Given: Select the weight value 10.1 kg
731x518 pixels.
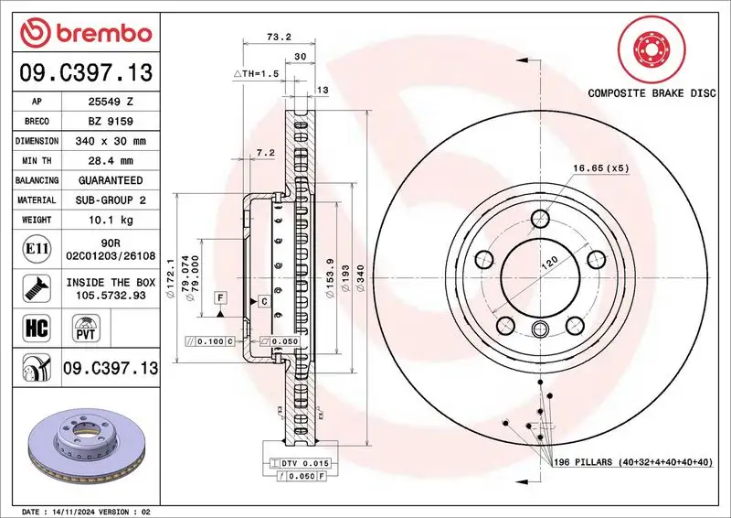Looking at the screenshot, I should [x=114, y=220].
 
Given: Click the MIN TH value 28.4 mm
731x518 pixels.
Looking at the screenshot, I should [x=114, y=161].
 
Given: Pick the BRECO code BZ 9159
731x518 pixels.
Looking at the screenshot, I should [x=114, y=122].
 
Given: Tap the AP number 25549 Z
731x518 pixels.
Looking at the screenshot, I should [x=114, y=102].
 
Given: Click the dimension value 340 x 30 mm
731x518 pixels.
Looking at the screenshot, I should [x=114, y=142].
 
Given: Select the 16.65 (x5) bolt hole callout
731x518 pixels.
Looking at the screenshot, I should [x=600, y=168].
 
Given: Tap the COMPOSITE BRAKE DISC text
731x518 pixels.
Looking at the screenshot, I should [x=652, y=93].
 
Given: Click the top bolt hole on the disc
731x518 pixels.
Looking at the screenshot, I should [x=539, y=218].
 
